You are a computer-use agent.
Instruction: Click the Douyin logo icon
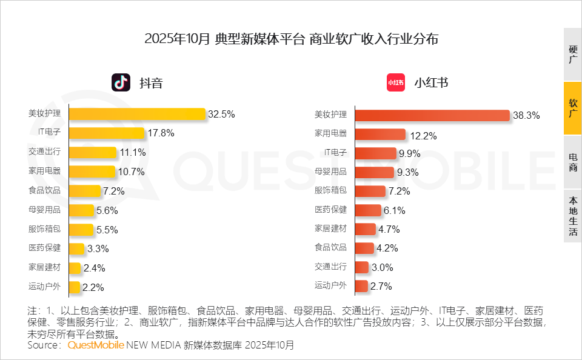121,82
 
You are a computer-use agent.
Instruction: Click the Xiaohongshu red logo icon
395,82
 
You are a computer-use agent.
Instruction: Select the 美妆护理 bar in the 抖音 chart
138,113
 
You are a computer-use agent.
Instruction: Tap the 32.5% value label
221,114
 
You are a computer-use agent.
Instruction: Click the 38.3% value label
526,115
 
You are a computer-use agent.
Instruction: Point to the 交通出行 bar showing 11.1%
92,152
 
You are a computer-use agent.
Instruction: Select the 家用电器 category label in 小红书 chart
330,133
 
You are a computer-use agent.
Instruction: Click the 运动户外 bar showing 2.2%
75,287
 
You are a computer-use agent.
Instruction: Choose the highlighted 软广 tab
572,108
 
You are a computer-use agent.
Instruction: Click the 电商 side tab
572,162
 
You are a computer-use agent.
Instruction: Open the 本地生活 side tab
572,216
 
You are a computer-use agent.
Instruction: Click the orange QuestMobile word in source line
96,345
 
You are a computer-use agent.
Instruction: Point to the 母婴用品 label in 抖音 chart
44,210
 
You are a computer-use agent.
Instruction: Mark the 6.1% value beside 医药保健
394,210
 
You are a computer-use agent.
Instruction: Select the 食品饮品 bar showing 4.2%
364,248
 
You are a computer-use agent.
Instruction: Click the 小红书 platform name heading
431,82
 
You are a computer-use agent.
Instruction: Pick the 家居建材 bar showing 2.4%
75,268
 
